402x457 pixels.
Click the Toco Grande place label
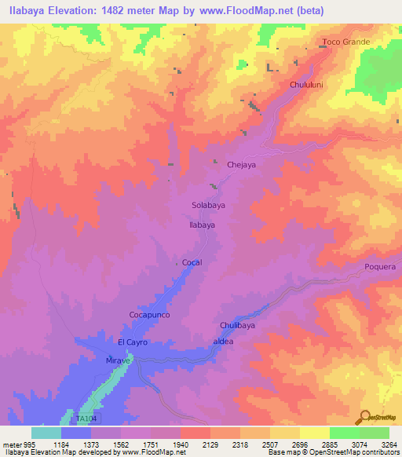pos(345,42)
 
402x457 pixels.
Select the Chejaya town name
pos(242,166)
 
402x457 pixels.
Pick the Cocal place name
pos(192,262)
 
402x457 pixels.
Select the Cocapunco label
pos(149,314)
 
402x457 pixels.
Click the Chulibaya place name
pos(237,325)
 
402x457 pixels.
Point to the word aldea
pos(224,342)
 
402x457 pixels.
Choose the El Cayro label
pos(133,342)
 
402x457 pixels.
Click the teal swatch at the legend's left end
pos(46,432)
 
